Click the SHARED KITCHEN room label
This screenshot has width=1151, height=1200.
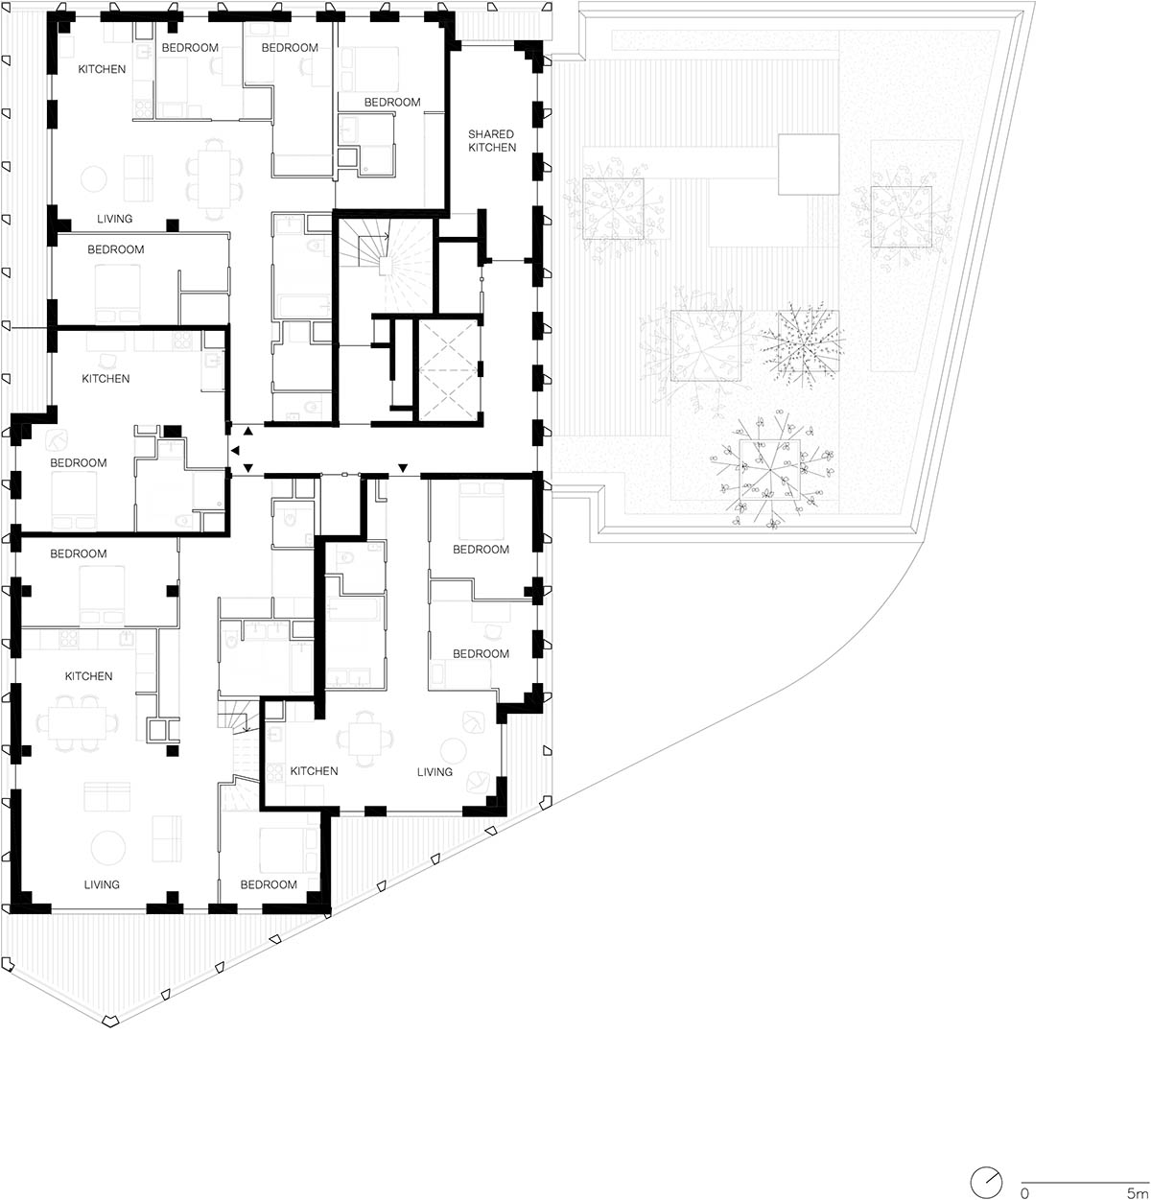[x=491, y=141]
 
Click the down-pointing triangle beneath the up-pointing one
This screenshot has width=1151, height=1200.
[x=248, y=468]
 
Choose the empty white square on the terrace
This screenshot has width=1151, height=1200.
[x=808, y=164]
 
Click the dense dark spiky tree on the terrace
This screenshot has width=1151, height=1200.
[x=802, y=341]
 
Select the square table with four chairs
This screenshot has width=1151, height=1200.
[x=367, y=740]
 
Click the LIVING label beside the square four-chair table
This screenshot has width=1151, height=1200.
[x=435, y=771]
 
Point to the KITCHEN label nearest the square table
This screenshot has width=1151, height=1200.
[x=315, y=771]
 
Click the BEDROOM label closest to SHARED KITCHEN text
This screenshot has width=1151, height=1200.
[x=392, y=102]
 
